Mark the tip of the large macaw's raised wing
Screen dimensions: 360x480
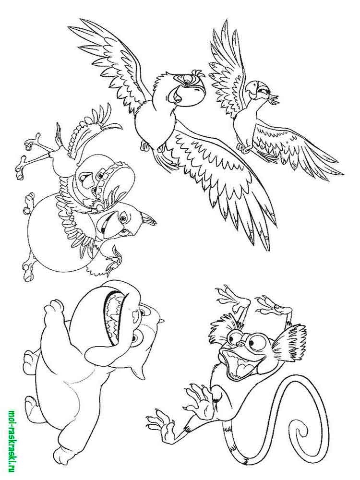pos(69,27)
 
